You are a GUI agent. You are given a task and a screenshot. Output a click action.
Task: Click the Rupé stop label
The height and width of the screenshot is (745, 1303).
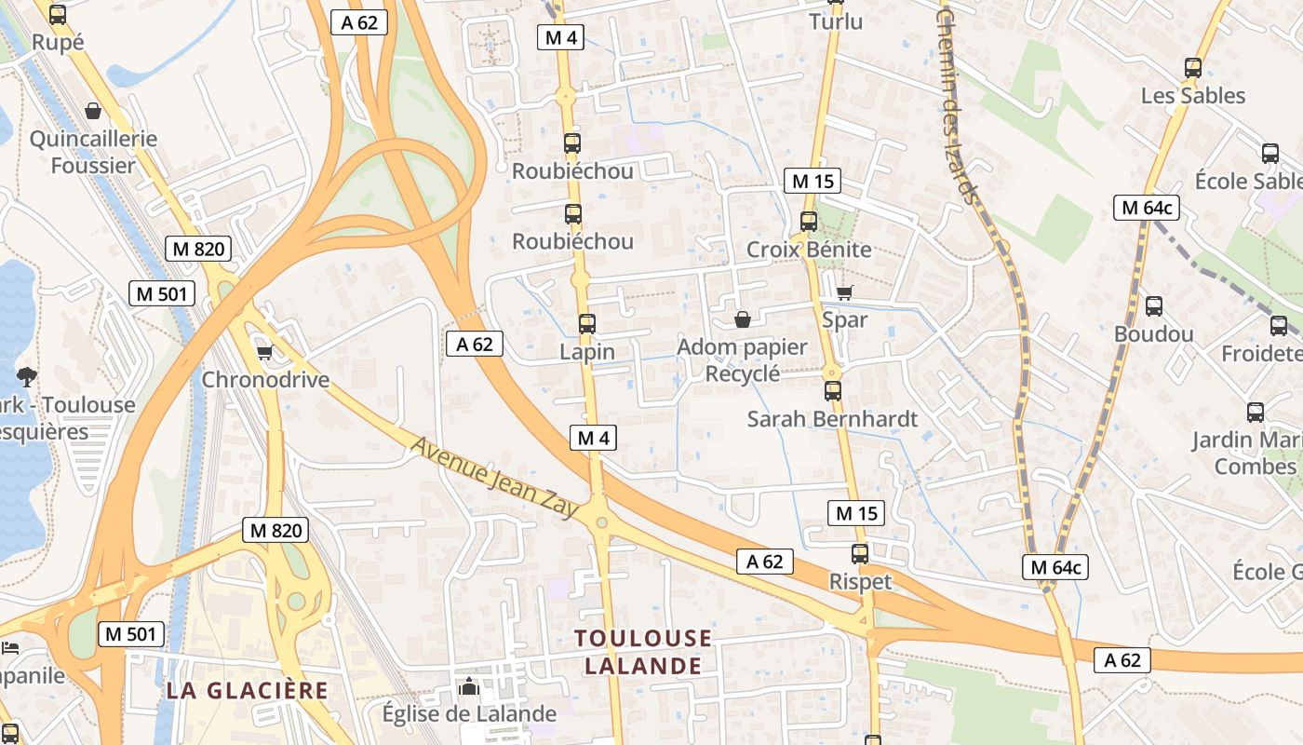pyautogui.click(x=58, y=42)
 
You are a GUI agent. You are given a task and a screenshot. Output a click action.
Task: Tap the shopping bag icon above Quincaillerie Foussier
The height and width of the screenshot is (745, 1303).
pyautogui.click(x=93, y=112)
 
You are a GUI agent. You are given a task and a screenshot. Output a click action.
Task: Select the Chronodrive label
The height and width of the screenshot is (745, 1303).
pyautogui.click(x=265, y=380)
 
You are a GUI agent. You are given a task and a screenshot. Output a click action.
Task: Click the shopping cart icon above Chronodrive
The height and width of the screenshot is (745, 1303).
pyautogui.click(x=264, y=352)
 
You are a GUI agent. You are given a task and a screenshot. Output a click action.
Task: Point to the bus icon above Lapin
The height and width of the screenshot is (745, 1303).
pyautogui.click(x=586, y=324)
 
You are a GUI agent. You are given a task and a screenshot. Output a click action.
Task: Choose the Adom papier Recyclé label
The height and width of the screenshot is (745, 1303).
pyautogui.click(x=742, y=360)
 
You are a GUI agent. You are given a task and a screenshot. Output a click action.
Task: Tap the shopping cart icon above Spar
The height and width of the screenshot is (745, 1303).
pyautogui.click(x=844, y=293)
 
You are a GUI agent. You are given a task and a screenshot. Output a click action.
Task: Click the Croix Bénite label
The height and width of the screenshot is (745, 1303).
pyautogui.click(x=809, y=250)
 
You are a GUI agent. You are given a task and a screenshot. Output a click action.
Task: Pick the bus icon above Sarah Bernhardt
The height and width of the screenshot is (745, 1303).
pyautogui.click(x=832, y=391)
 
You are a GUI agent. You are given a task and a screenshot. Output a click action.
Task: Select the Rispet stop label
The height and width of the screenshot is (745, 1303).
pyautogui.click(x=860, y=582)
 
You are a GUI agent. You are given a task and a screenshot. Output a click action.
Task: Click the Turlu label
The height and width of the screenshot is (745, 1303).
pyautogui.click(x=836, y=21)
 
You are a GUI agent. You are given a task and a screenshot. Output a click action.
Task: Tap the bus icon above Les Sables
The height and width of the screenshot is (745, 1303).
pyautogui.click(x=1192, y=68)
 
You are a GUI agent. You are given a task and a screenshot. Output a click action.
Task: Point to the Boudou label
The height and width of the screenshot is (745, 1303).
pyautogui.click(x=1153, y=334)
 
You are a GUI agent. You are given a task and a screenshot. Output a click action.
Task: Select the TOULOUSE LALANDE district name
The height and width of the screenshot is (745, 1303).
pyautogui.click(x=642, y=652)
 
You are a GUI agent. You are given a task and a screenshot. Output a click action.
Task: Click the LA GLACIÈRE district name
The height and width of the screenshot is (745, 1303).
pyautogui.click(x=248, y=691)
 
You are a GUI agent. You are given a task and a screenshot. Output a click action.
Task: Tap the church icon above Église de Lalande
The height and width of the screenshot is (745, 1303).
pyautogui.click(x=469, y=688)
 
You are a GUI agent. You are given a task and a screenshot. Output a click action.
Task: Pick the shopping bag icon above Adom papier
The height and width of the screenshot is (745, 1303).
pyautogui.click(x=742, y=320)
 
